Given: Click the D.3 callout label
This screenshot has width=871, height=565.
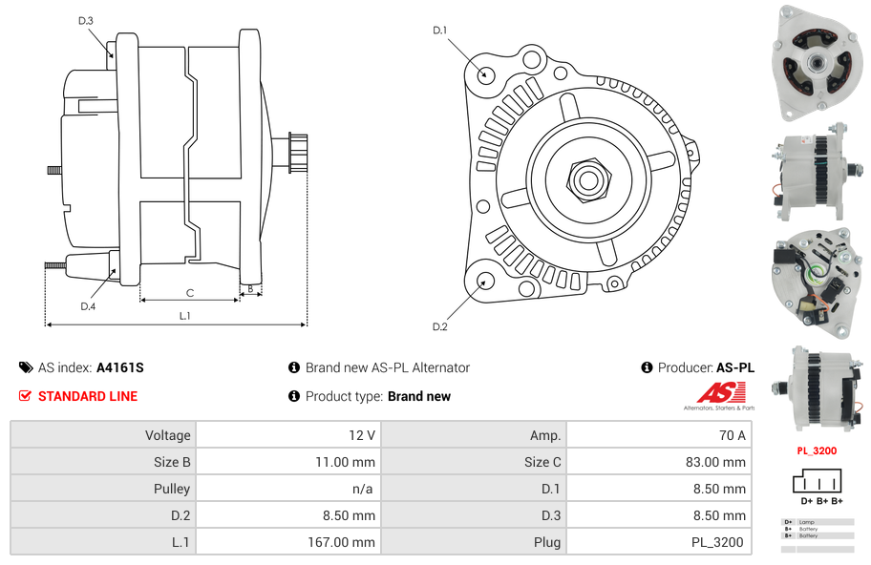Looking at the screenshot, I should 86,20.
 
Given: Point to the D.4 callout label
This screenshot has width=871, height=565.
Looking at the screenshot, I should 88,306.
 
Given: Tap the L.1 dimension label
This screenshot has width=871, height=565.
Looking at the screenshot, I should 185,316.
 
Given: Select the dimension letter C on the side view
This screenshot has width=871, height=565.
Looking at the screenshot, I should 190,293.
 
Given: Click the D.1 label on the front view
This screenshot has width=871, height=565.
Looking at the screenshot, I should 439,31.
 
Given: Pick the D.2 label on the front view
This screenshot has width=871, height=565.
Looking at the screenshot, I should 439,327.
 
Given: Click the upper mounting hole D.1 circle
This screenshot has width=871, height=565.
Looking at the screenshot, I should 485,73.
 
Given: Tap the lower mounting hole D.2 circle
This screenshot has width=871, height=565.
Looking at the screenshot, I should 485,281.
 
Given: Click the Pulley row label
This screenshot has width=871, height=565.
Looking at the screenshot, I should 172,489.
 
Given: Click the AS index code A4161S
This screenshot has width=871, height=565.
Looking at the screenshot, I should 120,367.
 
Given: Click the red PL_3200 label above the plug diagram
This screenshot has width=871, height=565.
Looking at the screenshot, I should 817,450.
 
